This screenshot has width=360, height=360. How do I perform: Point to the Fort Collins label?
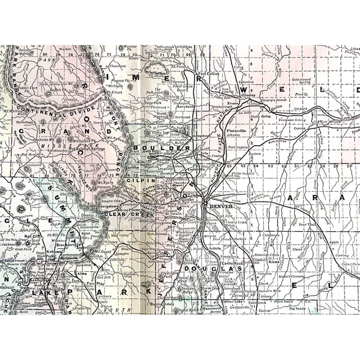coord(209,74)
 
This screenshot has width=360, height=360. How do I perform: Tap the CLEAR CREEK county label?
coord(129,214)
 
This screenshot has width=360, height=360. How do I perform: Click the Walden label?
coord(66,49)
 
